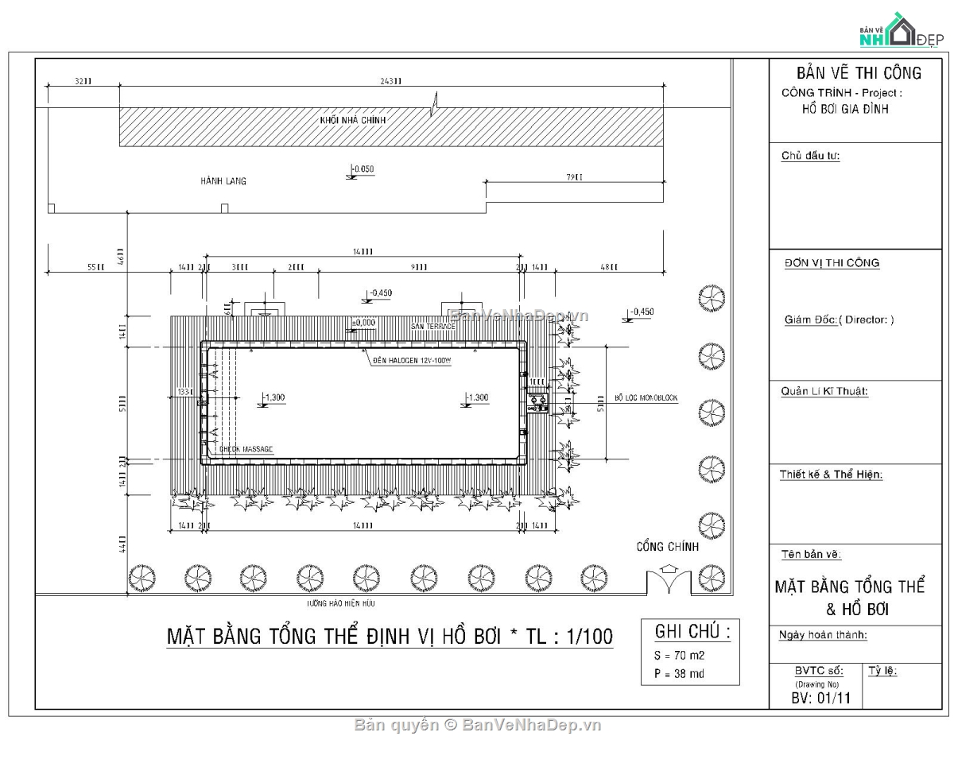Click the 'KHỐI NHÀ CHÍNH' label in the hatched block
pyautogui.click(x=352, y=119)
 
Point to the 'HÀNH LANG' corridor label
pyautogui.click(x=223, y=181)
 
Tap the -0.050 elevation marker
pyautogui.click(x=362, y=170)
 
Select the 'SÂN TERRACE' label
pyautogui.click(x=433, y=327)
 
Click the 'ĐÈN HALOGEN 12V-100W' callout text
pyautogui.click(x=412, y=360)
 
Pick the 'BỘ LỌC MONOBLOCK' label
pyautogui.click(x=646, y=398)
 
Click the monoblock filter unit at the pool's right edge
pyautogui.click(x=537, y=404)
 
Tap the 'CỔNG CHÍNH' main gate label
pyautogui.click(x=667, y=547)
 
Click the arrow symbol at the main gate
pyautogui.click(x=669, y=569)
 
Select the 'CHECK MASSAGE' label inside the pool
pyautogui.click(x=246, y=450)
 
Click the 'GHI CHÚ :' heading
pyautogui.click(x=692, y=632)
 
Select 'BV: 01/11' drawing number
pyautogui.click(x=820, y=699)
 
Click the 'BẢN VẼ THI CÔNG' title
pyautogui.click(x=859, y=73)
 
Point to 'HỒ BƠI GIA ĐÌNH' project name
pyautogui.click(x=845, y=109)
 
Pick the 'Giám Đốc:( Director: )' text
pyautogui.click(x=839, y=320)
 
